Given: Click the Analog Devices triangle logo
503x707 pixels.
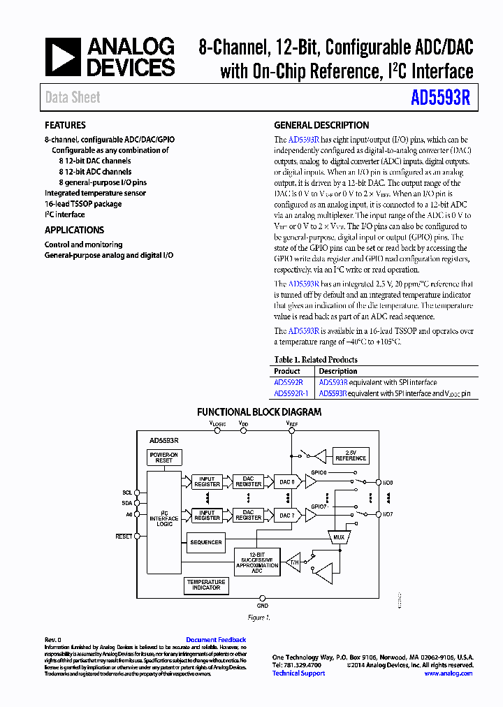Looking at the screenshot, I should click(63, 57).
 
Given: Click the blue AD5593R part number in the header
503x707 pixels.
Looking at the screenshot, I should click(441, 99).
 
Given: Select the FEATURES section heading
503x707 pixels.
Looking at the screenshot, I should click(65, 126).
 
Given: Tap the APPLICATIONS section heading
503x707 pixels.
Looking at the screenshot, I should click(74, 231).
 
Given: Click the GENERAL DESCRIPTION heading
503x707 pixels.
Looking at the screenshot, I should click(321, 126).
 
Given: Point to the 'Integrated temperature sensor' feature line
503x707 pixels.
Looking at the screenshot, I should click(96, 193).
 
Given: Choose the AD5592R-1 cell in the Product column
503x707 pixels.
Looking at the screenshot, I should click(291, 394).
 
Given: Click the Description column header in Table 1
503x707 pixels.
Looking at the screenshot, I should click(338, 372).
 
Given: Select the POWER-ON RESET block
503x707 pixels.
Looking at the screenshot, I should click(164, 458).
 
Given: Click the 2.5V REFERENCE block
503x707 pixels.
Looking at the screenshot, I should click(351, 455).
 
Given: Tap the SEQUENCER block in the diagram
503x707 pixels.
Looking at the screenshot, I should click(206, 542).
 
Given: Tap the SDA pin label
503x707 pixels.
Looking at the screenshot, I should click(127, 503).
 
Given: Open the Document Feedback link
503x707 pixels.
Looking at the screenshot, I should click(216, 640).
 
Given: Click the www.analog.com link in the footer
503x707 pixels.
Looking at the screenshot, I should click(448, 673).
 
